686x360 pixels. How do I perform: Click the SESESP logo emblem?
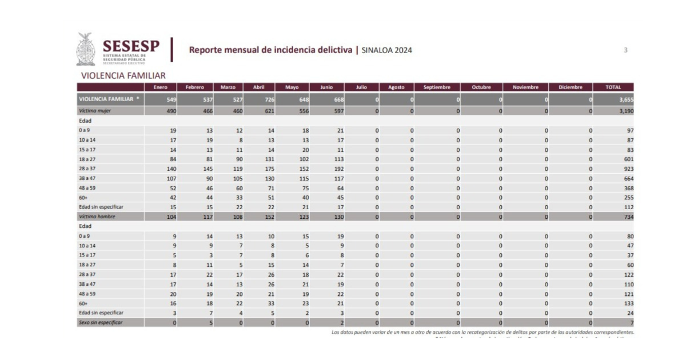click(x=86, y=49)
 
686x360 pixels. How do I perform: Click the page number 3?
click(x=625, y=50)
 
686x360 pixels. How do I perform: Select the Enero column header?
click(x=161, y=87)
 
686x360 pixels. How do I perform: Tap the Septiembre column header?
click(x=437, y=87)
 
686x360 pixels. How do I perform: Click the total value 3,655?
click(x=625, y=99)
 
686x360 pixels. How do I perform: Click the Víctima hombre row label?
click(x=96, y=217)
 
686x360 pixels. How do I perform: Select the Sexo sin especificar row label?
click(x=100, y=323)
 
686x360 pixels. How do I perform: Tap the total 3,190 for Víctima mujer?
click(x=625, y=111)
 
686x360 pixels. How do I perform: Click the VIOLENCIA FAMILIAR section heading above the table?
click(x=123, y=75)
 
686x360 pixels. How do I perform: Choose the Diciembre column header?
click(x=566, y=87)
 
